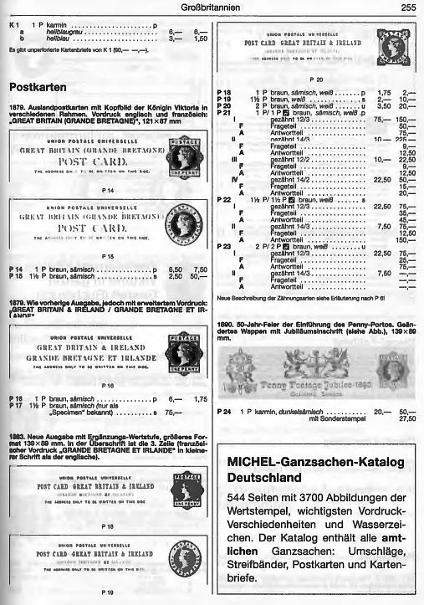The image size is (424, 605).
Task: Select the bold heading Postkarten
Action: click(x=38, y=86)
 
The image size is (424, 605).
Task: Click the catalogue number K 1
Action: click(x=14, y=26)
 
